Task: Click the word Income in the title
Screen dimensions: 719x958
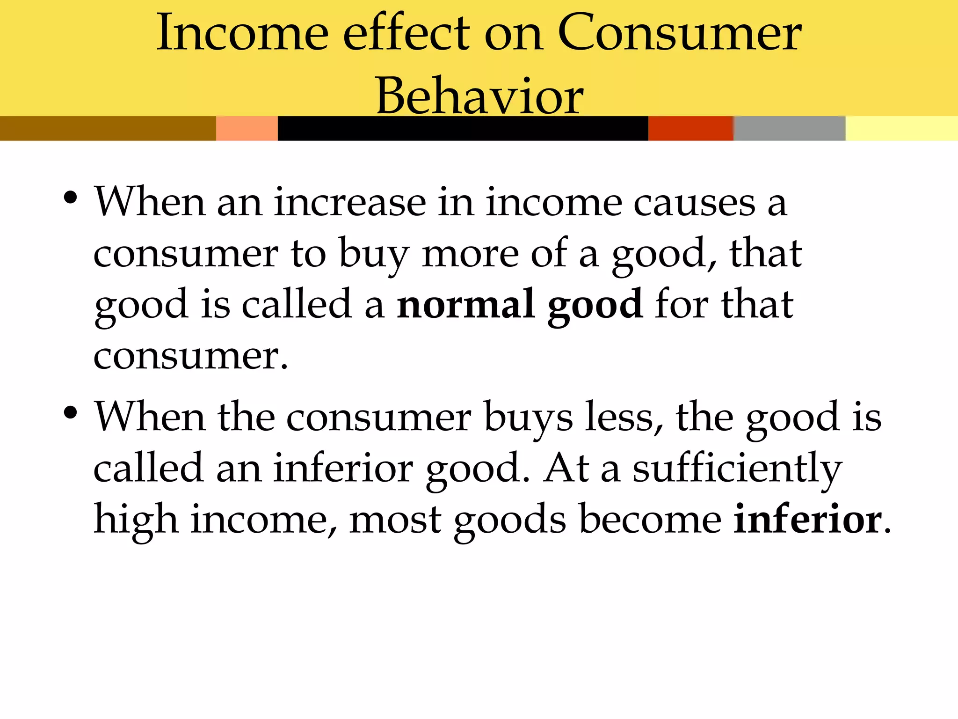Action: click(x=242, y=33)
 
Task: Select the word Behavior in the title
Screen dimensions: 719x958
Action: click(x=479, y=96)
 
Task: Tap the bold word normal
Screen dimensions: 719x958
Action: click(x=466, y=304)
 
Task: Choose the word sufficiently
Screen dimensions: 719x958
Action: click(x=737, y=469)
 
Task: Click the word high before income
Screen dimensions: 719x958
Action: click(x=136, y=520)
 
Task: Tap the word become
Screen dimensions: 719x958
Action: click(x=650, y=520)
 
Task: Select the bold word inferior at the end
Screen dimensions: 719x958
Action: click(x=807, y=520)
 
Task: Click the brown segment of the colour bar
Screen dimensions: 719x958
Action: click(x=108, y=128)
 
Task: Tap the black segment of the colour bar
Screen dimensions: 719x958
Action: click(x=463, y=128)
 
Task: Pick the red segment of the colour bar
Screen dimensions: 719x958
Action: click(x=690, y=128)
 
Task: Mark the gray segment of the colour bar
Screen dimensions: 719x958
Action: click(x=789, y=128)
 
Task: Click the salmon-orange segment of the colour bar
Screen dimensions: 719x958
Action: click(x=247, y=128)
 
